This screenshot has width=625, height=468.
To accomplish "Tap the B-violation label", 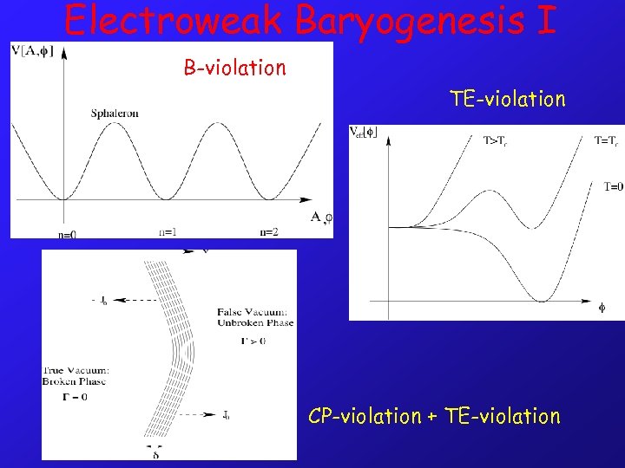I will pos(234,68).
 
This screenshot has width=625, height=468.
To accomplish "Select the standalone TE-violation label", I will pos(507,99).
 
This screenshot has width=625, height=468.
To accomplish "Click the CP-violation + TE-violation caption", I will pos(434,416).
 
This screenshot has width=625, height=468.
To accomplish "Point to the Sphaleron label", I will pos(115,113).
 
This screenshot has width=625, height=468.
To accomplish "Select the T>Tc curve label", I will pos(496,139).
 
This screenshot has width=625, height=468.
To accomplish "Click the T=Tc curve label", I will pos(607,139).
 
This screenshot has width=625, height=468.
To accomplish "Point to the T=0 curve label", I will pos(613,186).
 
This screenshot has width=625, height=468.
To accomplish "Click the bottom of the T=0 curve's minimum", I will pos(541,301).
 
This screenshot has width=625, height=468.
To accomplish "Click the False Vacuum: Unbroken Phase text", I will pos(255,317).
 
